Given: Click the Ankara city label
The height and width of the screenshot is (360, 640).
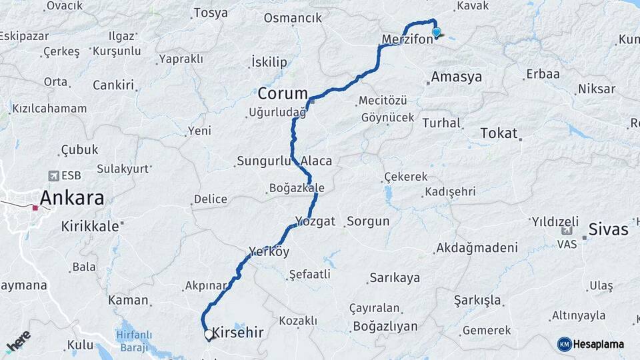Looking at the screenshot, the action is (x=73, y=198).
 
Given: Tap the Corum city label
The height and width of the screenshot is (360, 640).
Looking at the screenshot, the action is (x=283, y=93).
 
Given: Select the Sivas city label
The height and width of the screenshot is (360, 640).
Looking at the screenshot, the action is (x=609, y=230).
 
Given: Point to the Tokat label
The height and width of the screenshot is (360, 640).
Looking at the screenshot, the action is (x=499, y=133).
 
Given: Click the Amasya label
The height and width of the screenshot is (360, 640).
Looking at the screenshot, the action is (x=456, y=77).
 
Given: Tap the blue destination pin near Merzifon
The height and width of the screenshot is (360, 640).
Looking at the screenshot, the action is (x=436, y=32).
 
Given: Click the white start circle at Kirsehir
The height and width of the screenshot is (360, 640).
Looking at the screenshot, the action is (x=209, y=335).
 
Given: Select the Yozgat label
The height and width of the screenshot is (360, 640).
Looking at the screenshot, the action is (x=315, y=221).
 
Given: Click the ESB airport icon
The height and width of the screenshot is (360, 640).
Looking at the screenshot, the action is (x=53, y=176).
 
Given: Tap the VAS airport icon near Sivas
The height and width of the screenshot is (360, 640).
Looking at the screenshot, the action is (x=567, y=231).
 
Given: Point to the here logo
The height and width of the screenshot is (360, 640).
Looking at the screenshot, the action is (x=18, y=342).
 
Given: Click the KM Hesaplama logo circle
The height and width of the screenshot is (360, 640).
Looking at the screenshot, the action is (x=564, y=344).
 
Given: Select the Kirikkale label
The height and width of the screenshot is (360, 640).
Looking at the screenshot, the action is (x=90, y=226).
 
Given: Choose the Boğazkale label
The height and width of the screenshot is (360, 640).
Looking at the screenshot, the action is (x=297, y=188).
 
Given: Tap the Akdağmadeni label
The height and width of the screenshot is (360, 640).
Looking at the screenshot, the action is (x=477, y=248).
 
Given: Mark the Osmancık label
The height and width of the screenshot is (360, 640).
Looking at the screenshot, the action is (x=293, y=18).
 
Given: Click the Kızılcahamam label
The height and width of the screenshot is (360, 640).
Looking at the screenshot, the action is (x=49, y=109).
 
